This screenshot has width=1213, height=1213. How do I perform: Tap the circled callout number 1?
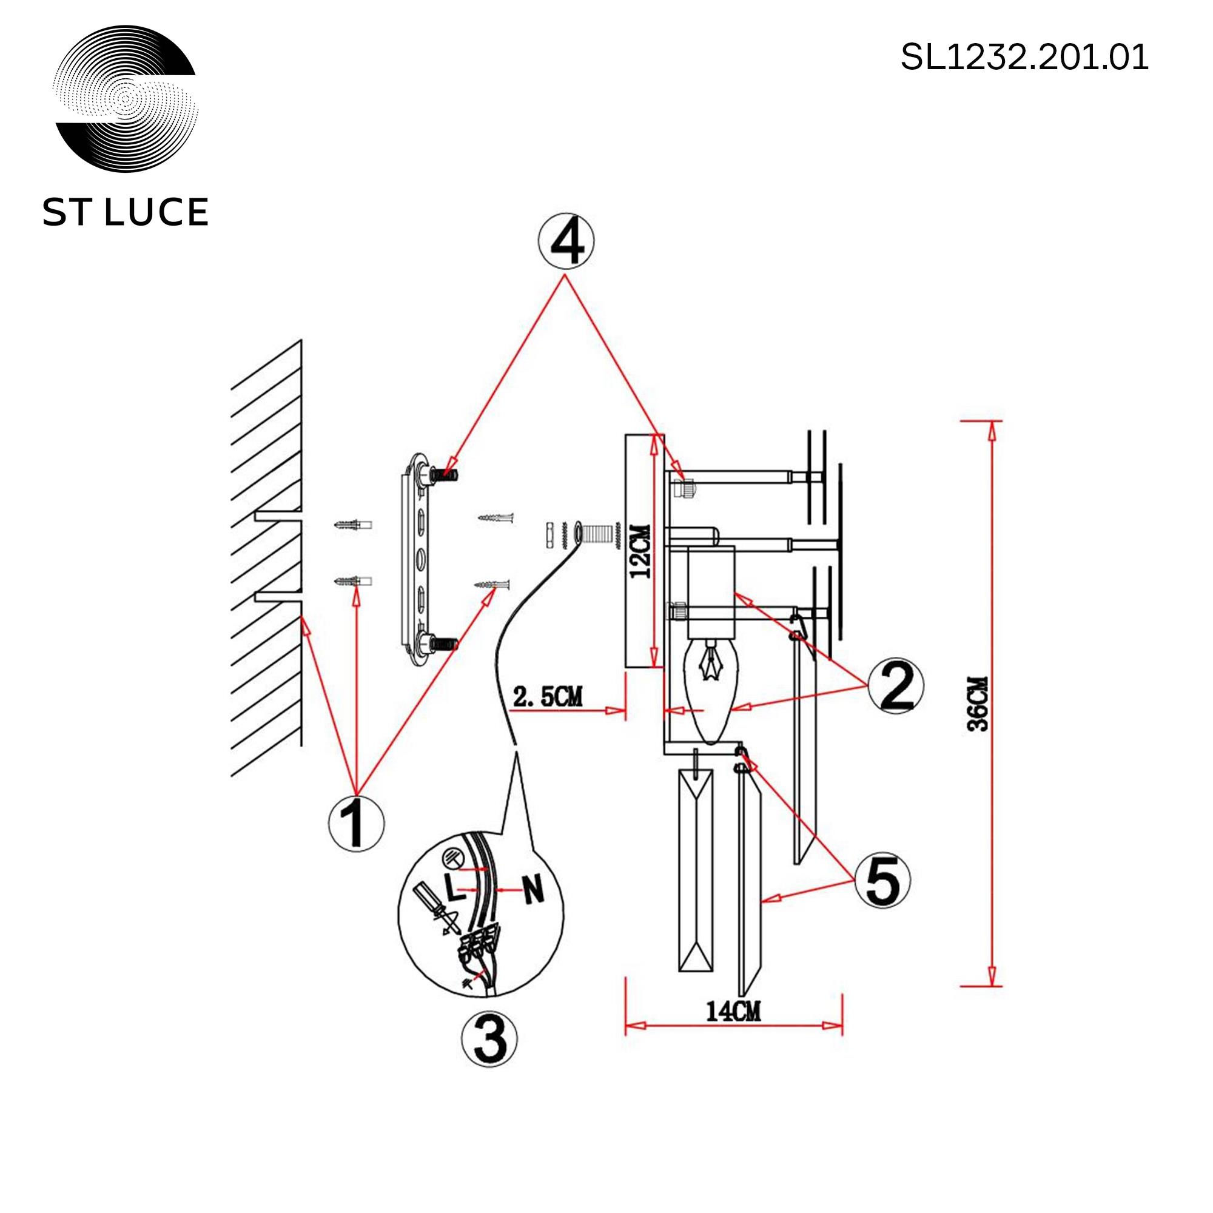coord(357,822)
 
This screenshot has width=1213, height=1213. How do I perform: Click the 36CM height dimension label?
coord(978,702)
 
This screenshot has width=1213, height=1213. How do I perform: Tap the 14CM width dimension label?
coord(733,1012)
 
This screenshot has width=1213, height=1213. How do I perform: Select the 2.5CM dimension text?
coord(548,697)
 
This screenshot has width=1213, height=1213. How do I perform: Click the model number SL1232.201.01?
coord(1024,58)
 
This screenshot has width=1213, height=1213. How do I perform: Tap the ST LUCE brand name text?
coord(125,212)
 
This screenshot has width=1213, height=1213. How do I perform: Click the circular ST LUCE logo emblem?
coord(126,99)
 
